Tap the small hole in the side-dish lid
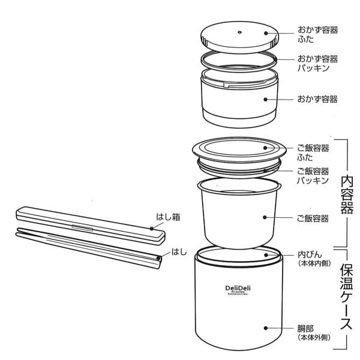(239, 32)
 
